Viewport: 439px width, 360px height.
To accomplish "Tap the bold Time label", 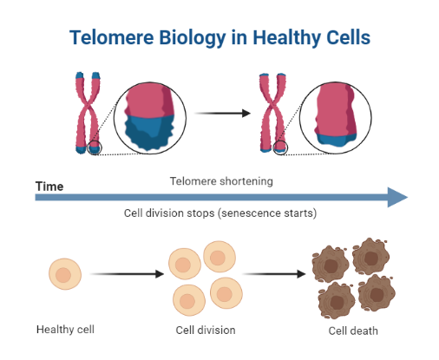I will [49, 186].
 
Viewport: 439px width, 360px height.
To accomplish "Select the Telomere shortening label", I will [221, 181].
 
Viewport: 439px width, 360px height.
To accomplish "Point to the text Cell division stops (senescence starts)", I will [221, 213].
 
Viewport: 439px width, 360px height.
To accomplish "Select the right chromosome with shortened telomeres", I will [272, 113].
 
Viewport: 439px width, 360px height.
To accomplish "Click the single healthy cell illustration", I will [64, 273].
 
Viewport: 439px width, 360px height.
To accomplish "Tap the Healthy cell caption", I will [64, 330].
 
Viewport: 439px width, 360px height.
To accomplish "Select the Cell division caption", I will [206, 330].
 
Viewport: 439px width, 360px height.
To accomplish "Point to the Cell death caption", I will [352, 331].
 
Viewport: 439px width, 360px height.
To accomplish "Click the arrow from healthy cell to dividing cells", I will [127, 274].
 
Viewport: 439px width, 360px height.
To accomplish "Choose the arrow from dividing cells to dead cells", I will [274, 274].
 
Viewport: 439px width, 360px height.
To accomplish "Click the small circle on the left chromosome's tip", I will [95, 149].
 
